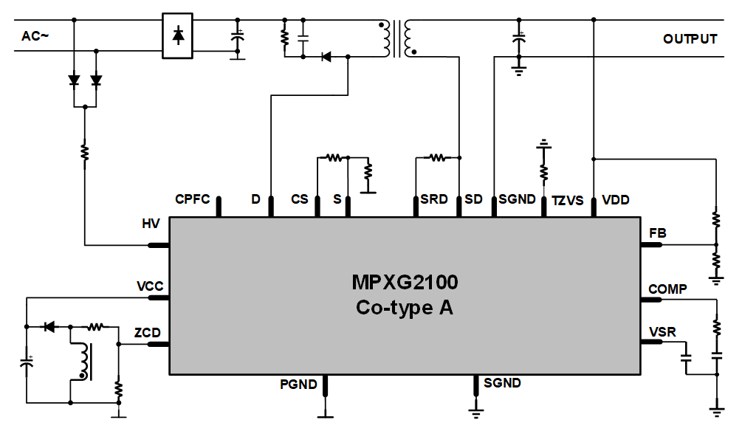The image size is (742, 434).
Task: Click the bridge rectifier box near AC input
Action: click(x=177, y=35)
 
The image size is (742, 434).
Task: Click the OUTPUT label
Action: click(x=690, y=39)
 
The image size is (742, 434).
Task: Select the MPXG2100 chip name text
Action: click(x=405, y=283)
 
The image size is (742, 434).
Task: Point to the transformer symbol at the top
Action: click(x=396, y=38)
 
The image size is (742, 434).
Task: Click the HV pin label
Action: click(x=151, y=223)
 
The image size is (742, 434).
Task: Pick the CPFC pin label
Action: click(x=193, y=199)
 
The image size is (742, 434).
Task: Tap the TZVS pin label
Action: click(x=567, y=200)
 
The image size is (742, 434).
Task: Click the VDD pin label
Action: click(x=616, y=199)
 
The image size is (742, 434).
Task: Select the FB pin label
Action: click(x=657, y=233)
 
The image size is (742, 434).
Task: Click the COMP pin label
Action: click(x=667, y=289)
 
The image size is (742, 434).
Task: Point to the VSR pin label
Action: click(x=662, y=332)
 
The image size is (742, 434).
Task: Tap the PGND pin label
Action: click(x=298, y=385)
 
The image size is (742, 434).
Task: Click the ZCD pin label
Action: click(x=148, y=333)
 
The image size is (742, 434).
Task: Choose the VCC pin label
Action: click(x=150, y=286)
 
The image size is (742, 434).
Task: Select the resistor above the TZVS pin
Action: click(x=544, y=172)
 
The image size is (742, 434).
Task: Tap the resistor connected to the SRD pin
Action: click(x=437, y=157)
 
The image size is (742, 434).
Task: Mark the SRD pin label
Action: click(x=434, y=199)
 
